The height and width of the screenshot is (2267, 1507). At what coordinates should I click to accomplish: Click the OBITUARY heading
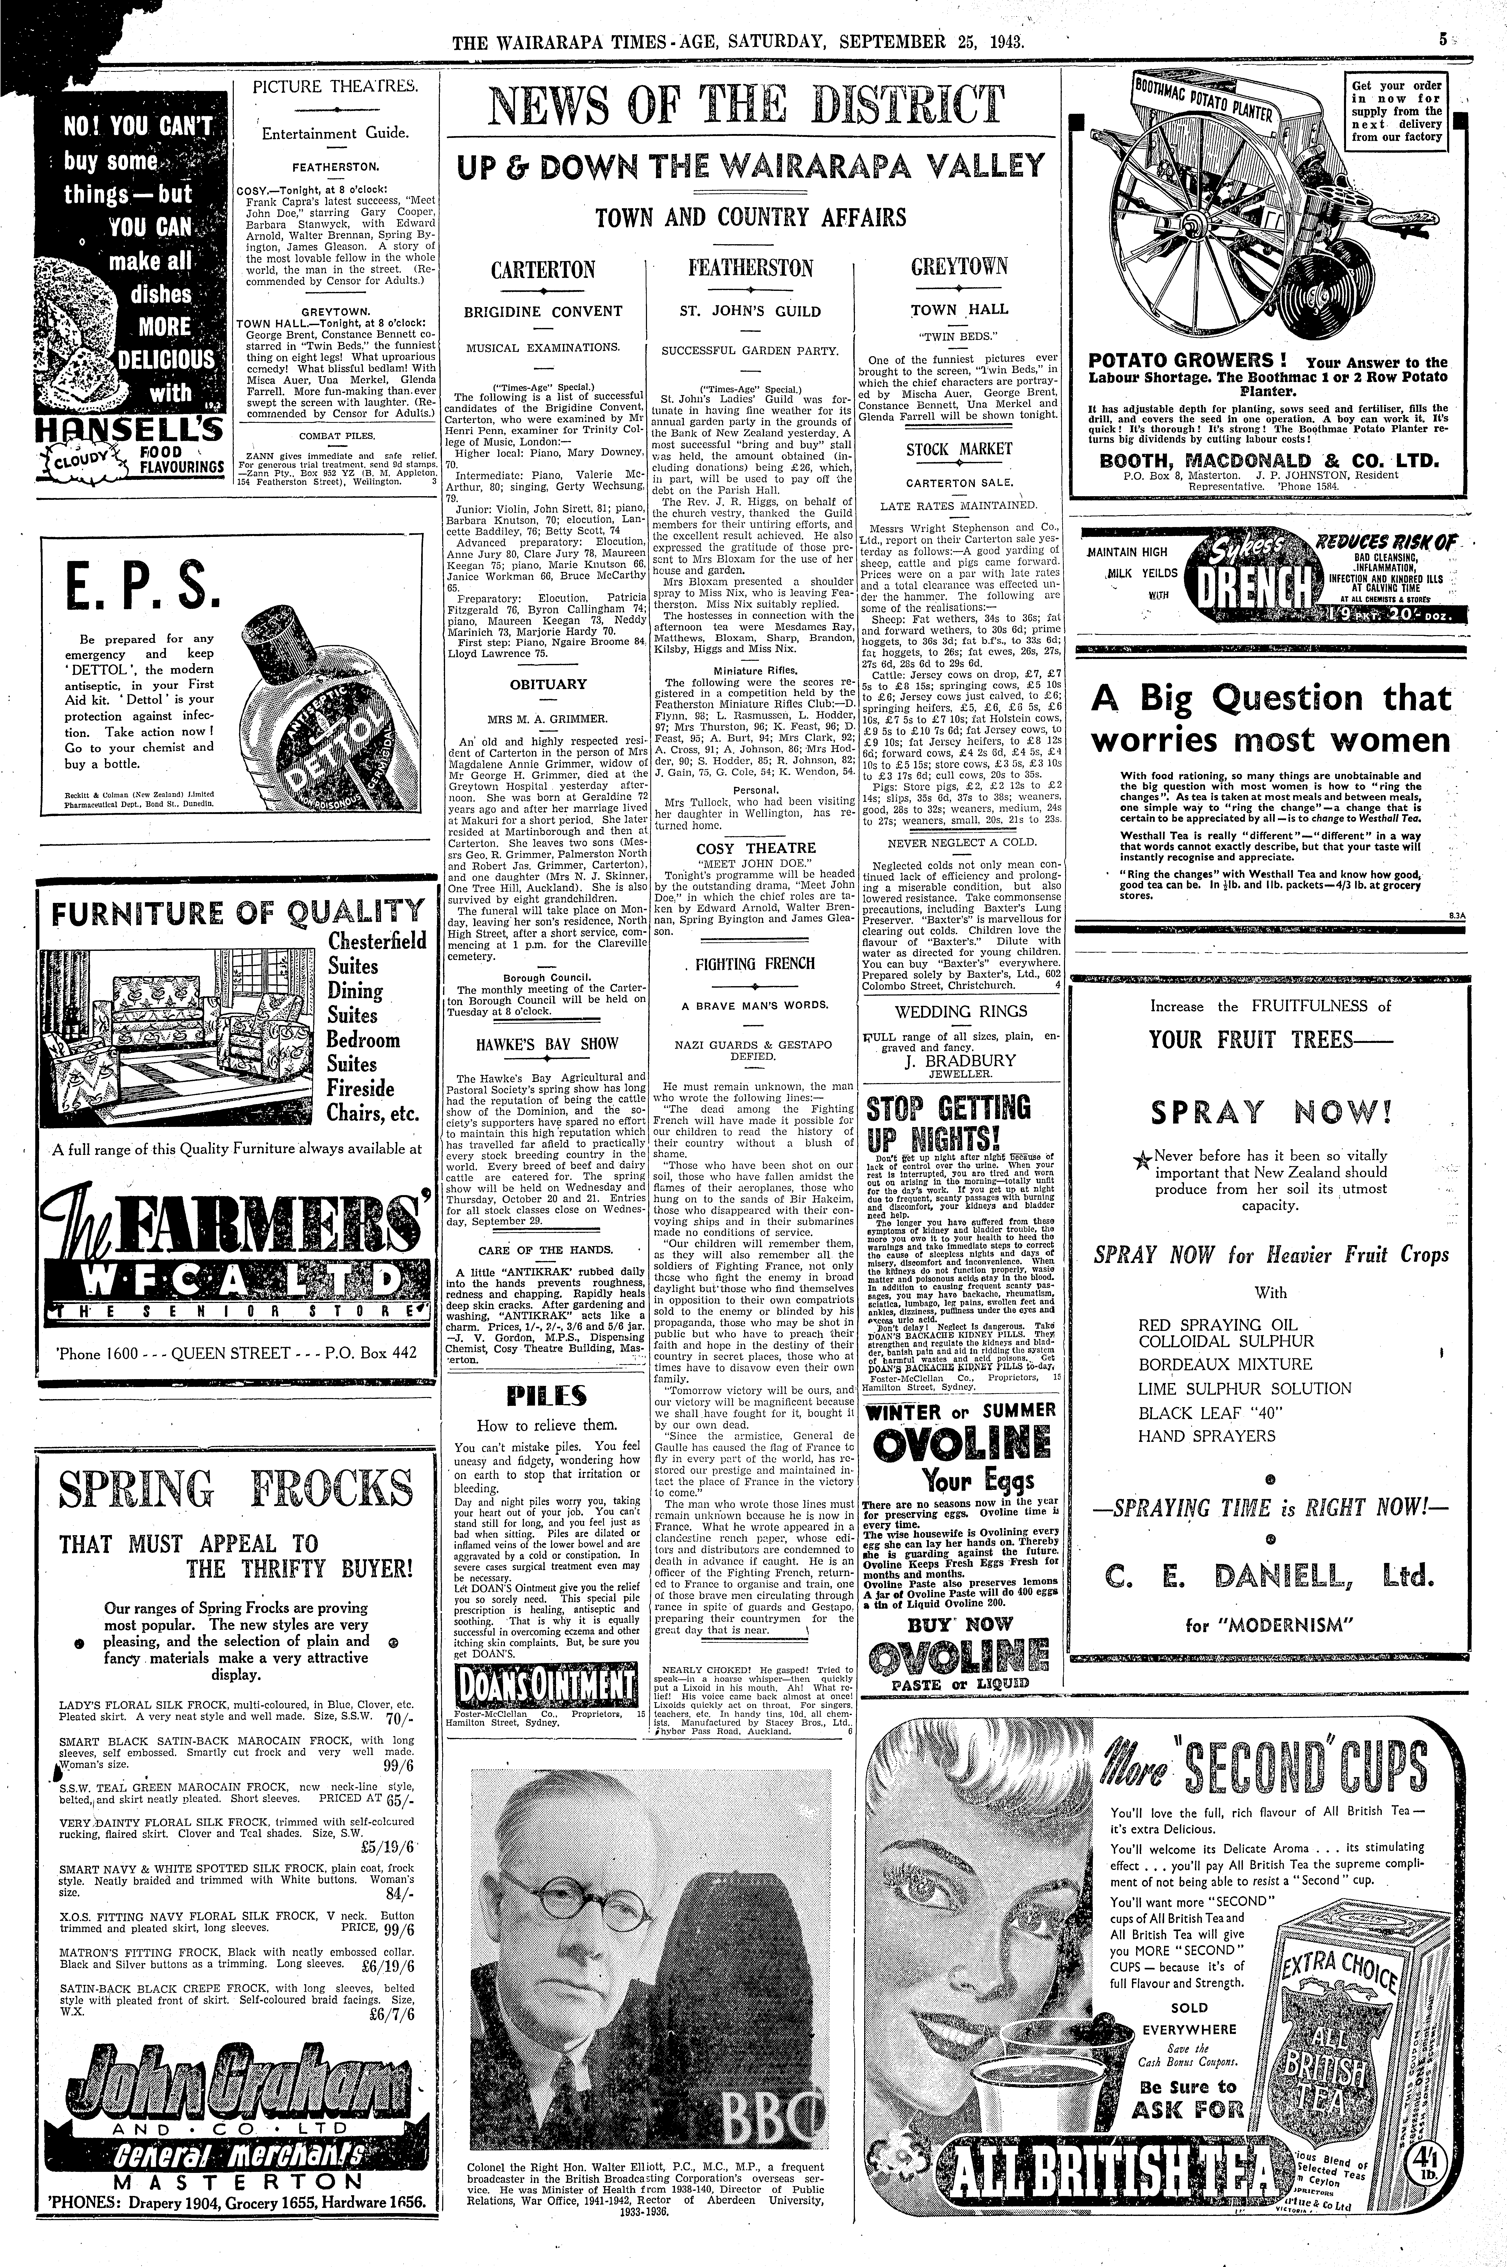[x=548, y=684]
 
